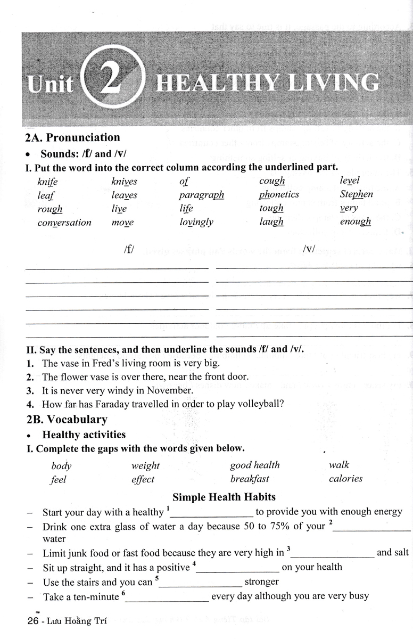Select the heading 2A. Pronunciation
[73, 137]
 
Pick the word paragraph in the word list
[201, 195]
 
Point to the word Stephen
[356, 194]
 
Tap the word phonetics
[279, 195]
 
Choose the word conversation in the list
[64, 223]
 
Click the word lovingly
[196, 223]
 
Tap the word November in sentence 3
[168, 390]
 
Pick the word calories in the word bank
[345, 479]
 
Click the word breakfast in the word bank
[250, 479]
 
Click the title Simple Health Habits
[224, 497]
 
